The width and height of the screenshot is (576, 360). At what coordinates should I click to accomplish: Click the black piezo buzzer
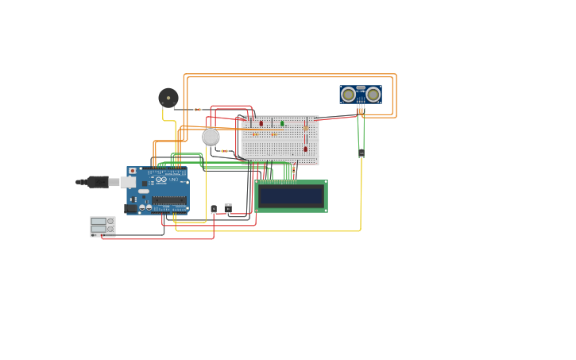[168, 98]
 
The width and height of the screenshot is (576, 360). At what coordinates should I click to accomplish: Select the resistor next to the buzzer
[197, 110]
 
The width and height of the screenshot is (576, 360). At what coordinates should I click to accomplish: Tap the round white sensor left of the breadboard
[211, 137]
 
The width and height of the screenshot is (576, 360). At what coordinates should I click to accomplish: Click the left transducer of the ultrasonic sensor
[348, 95]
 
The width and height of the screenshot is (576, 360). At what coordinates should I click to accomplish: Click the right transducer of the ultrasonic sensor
[373, 95]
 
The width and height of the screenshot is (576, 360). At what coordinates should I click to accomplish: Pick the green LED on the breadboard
[282, 123]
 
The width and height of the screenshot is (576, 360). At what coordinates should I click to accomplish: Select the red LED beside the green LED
[261, 123]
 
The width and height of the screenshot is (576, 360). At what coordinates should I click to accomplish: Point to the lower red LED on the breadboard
[305, 149]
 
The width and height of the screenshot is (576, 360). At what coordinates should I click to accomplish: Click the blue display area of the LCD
[291, 196]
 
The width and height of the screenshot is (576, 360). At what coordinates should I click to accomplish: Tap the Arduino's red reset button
[133, 171]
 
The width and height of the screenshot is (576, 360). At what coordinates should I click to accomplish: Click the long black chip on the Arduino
[169, 200]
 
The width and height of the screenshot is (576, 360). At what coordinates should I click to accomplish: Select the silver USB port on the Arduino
[128, 182]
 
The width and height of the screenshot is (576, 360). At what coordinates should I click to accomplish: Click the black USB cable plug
[98, 182]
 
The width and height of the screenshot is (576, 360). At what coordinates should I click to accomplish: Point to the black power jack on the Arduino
[131, 208]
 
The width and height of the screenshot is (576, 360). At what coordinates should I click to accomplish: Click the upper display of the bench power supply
[99, 221]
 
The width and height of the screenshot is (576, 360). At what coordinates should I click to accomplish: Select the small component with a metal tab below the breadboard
[228, 208]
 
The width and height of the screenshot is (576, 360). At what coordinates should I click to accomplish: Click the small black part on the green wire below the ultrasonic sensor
[361, 153]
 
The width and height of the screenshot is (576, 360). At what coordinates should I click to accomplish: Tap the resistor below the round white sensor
[225, 151]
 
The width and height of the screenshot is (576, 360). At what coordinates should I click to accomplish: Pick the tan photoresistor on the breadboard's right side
[306, 127]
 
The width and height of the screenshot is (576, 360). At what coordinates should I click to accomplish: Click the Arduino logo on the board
[161, 180]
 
